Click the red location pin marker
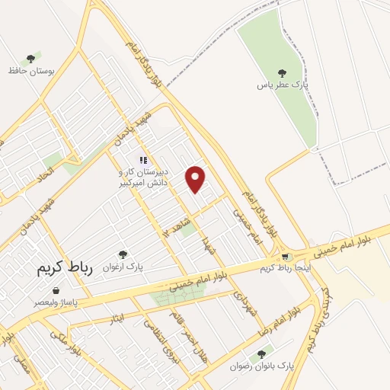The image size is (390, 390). (197, 178)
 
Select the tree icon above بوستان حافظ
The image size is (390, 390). (30, 58)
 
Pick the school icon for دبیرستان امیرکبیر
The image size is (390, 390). (142, 160)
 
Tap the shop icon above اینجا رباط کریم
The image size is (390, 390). (286, 257)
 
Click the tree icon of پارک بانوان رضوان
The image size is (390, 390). (262, 353)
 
